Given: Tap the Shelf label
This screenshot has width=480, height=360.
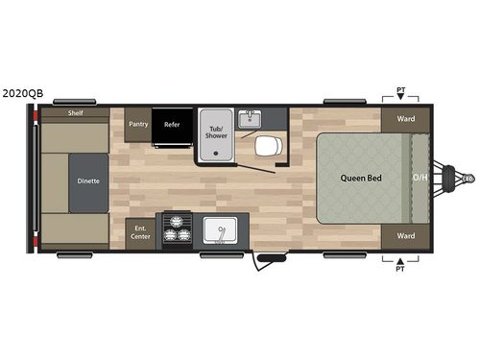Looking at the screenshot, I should point(74,113).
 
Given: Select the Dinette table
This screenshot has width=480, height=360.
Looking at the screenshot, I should point(88,180).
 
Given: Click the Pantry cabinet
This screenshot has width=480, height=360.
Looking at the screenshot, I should point(138,124).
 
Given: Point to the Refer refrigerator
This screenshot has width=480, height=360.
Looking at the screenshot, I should point(172,124).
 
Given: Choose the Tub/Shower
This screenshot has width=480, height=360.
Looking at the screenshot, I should point(215,132).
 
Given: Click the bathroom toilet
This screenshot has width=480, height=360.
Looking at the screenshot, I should point(267,146).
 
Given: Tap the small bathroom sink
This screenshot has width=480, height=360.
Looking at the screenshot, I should point(252,118).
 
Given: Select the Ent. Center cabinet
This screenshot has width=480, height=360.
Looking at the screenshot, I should point(141,232).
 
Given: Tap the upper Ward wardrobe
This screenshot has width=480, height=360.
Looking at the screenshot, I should point(405,120).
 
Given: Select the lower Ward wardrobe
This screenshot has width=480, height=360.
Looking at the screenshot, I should point(405,235).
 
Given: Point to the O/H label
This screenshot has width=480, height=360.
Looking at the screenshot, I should point(420,179).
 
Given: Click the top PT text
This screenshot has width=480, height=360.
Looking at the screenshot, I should point(400,89).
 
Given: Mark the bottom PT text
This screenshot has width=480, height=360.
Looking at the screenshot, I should point(400,270).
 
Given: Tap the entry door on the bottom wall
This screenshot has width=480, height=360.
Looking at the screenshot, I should point(270,256).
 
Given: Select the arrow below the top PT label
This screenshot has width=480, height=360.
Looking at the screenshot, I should point(400,98).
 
